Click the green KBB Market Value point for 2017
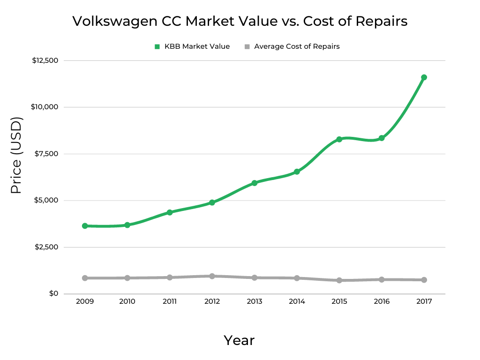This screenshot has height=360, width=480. [x=424, y=77]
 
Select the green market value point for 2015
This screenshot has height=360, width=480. [x=339, y=139]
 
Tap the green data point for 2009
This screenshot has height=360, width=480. [x=85, y=226]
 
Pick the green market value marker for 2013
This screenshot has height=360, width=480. [x=255, y=183]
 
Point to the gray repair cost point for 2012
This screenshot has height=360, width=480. [x=212, y=276]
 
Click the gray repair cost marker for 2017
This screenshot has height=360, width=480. [x=424, y=280]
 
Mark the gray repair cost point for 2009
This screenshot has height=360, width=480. [x=85, y=278]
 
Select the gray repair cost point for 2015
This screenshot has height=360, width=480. [x=339, y=280]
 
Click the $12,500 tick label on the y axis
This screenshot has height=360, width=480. [x=45, y=60]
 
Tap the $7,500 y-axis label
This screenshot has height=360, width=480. [x=46, y=154]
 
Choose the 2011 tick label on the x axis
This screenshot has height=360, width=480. [x=170, y=301]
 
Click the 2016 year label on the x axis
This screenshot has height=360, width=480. [x=382, y=301]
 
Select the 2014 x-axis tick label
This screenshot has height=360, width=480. [x=297, y=301]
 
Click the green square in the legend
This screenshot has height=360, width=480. [x=157, y=47]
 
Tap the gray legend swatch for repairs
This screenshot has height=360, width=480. [x=247, y=47]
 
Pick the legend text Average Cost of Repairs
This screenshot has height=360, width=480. [x=297, y=46]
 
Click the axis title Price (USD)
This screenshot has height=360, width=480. [x=16, y=155]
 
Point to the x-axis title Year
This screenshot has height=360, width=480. [x=239, y=340]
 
